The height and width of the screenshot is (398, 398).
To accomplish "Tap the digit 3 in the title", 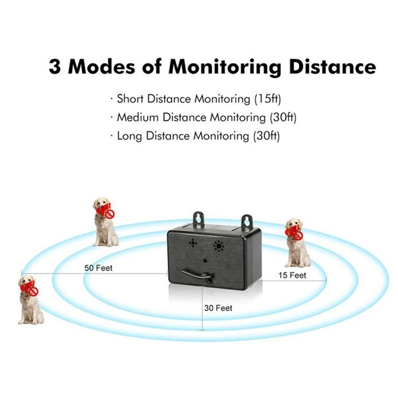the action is [56, 66].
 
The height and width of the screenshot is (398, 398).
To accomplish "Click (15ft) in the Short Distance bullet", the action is [267, 99].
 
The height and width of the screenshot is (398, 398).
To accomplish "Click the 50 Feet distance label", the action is [98, 268].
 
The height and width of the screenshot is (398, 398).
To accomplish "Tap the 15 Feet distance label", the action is [292, 276].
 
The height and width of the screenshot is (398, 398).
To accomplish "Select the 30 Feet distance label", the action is [218, 308].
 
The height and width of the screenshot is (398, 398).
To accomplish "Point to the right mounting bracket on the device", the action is [247, 222].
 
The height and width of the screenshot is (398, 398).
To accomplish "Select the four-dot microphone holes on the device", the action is [193, 243].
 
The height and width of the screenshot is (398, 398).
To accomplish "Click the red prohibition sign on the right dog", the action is [298, 236].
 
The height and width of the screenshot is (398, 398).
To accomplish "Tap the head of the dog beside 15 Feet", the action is [293, 225].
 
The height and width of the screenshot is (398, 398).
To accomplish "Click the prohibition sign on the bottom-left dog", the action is [34, 291].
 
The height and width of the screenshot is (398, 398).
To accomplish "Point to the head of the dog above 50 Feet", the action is [101, 204].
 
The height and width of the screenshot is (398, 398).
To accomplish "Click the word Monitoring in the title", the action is [225, 66].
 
